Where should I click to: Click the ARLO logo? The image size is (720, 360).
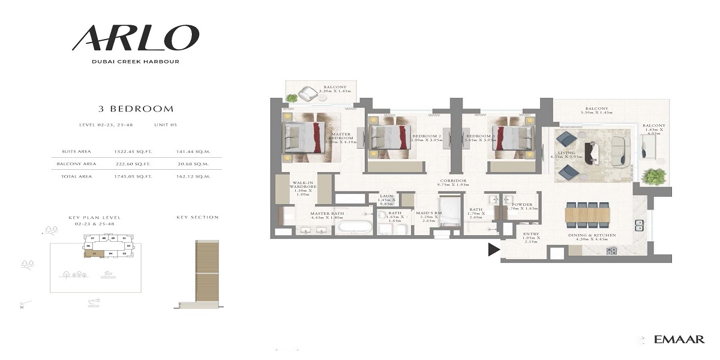point(135,38)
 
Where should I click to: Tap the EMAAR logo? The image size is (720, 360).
point(680,340)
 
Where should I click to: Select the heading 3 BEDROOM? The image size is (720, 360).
point(136,109)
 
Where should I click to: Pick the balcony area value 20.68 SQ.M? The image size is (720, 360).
point(193,164)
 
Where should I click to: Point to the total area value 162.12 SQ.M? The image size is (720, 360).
point(193,176)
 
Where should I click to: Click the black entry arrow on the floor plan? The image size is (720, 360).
point(494,250)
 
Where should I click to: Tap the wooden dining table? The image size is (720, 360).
point(587,214)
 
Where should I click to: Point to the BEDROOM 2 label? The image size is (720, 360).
point(427,137)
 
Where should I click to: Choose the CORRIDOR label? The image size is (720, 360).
point(453,183)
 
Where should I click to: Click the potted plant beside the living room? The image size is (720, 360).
point(653,176)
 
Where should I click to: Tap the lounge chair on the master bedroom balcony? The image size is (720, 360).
point(309,93)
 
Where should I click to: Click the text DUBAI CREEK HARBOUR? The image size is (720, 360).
point(136,61)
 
